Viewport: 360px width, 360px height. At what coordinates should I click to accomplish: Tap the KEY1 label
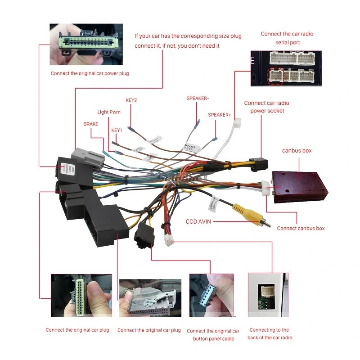tap(117, 130)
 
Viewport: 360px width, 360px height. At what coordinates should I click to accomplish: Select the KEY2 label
tap(131, 100)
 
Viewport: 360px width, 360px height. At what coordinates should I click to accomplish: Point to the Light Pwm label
tap(109, 112)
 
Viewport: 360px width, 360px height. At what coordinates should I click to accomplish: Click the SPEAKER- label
tap(198, 98)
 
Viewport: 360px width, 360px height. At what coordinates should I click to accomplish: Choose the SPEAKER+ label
tap(219, 115)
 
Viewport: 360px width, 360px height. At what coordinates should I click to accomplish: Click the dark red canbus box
tap(300, 185)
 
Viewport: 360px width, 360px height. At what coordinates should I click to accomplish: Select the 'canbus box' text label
tap(297, 151)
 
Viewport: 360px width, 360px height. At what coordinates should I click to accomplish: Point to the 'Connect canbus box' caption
tap(301, 228)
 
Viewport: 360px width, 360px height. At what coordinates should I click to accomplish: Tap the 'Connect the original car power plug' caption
tap(90, 73)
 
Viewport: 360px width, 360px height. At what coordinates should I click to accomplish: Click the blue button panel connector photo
tap(211, 296)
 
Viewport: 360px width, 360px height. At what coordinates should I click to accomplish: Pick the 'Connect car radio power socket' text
tap(267, 107)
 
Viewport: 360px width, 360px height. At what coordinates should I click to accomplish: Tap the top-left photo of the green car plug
tap(86, 44)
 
